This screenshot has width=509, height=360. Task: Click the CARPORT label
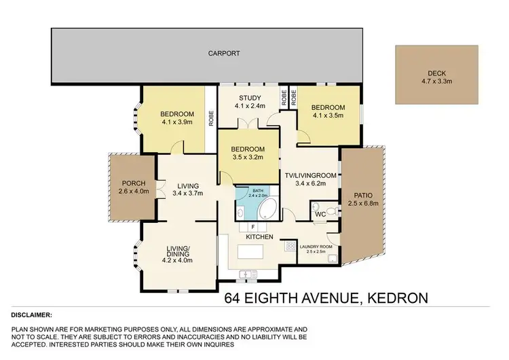[x=224, y=53]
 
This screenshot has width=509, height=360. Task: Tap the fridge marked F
[x=252, y=227]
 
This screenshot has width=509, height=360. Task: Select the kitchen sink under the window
[x=245, y=273]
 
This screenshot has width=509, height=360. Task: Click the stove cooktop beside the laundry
[x=290, y=246]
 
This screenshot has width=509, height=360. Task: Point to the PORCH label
[x=132, y=183]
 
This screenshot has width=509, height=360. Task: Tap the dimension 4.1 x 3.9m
[x=178, y=122]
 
